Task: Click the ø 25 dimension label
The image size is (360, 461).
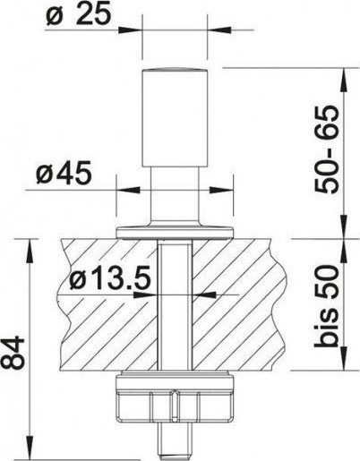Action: point(79,13)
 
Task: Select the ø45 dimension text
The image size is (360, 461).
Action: point(64,173)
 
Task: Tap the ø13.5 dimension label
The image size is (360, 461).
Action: point(109,280)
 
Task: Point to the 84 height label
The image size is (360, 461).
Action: point(13,353)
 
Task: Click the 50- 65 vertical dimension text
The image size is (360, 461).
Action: point(327,149)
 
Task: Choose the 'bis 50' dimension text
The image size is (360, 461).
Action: point(327,307)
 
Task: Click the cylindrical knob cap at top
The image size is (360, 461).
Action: point(175,117)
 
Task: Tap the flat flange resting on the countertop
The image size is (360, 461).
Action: point(175,232)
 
